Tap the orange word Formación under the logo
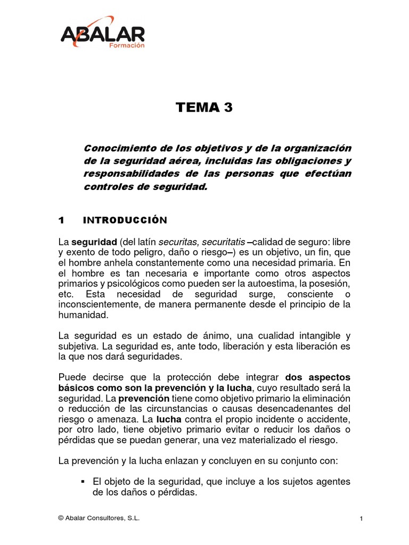point(127,46)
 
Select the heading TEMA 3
point(204,108)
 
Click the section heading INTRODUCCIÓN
point(126,220)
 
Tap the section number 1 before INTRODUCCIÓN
point(62,220)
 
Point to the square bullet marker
point(83,481)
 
